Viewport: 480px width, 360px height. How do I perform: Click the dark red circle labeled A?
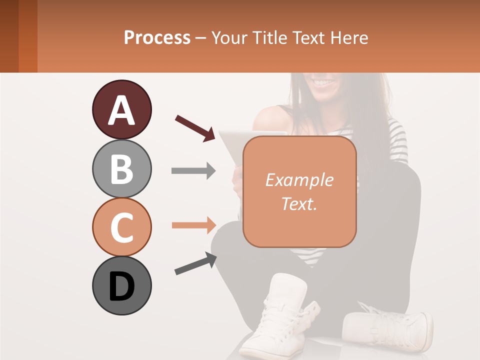121,109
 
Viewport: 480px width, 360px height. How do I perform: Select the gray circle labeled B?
121,168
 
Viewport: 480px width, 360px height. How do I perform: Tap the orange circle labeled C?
121,227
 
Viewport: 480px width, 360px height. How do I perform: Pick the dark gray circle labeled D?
121,285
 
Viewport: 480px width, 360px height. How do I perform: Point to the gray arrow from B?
193,171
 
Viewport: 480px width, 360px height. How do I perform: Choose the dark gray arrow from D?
195,263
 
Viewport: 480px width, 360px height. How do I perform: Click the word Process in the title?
157,37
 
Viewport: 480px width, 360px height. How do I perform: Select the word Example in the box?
299,180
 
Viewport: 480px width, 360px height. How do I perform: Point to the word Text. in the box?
299,203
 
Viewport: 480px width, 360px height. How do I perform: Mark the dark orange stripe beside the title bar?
27,36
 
